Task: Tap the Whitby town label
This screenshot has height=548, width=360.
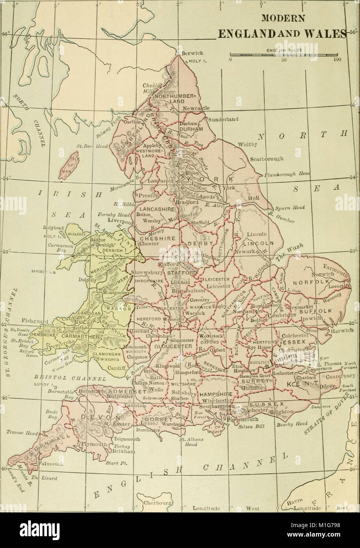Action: coord(248,145)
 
